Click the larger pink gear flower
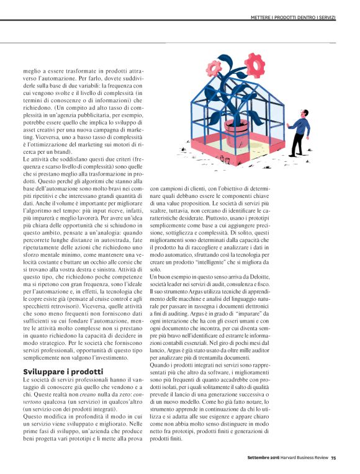(254, 65)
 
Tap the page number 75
(333, 458)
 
